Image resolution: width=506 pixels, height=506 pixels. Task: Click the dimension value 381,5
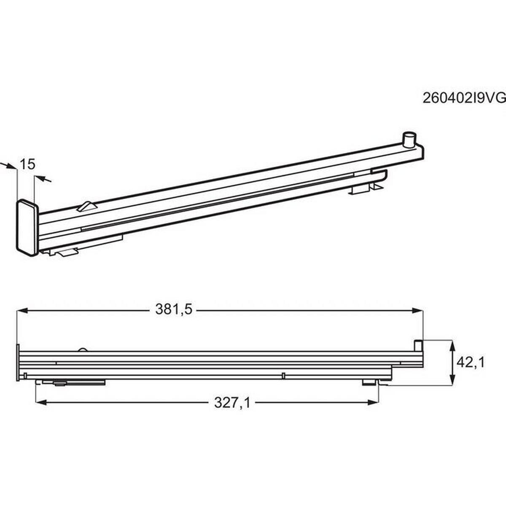tap(174, 310)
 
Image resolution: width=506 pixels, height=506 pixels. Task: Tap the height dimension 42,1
tap(471, 363)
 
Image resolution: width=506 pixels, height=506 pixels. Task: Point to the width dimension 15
tap(27, 164)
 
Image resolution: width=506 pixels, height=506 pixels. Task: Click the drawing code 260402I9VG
tap(464, 106)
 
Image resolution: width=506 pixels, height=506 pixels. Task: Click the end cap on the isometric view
tap(28, 227)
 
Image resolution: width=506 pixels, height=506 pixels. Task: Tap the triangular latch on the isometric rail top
tap(87, 206)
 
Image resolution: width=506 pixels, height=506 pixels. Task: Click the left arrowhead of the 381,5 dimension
tap(22, 311)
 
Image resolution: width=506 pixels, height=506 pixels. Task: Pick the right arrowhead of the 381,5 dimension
tap(417, 311)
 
